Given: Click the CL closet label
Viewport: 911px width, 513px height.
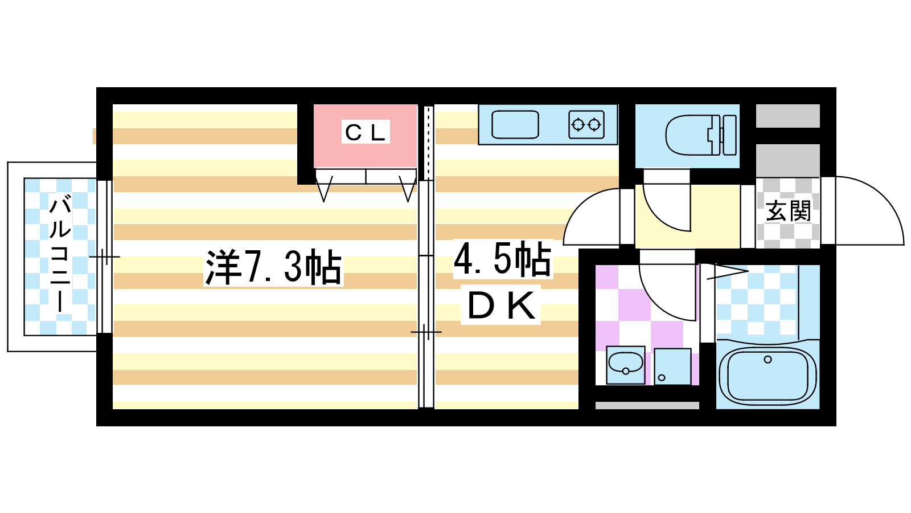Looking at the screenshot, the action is [365, 132].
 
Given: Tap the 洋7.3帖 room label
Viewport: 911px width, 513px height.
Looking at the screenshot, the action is [273, 267].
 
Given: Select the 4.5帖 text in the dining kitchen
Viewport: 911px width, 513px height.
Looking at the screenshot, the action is [503, 259].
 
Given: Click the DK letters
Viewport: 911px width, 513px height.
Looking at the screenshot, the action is [500, 306].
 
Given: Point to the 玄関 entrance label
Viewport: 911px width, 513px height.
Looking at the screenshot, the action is [788, 211].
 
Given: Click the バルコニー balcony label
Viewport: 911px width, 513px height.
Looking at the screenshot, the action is [60, 253].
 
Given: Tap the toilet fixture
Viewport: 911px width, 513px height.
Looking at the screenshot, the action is [701, 135].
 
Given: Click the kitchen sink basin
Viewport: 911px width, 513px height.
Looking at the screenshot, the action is [515, 125].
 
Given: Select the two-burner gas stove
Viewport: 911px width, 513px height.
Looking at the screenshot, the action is [586, 125].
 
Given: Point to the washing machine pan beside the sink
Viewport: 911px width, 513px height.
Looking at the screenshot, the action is [672, 367].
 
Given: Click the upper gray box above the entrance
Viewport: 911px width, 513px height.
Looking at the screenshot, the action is [788, 116].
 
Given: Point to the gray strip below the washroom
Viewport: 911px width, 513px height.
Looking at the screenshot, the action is [647, 405].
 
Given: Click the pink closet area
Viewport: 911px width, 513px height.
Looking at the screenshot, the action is [365, 136].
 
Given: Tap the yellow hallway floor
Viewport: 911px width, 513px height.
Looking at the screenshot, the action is [715, 217].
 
